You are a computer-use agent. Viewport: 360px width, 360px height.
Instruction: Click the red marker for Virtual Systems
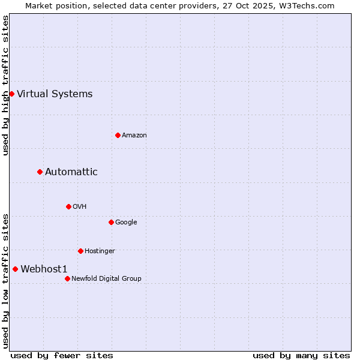pos(11,94)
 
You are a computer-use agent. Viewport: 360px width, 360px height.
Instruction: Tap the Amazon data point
pos(118,135)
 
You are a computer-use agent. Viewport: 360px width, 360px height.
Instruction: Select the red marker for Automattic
pos(40,172)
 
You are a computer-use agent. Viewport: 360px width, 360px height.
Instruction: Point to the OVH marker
pos(68,206)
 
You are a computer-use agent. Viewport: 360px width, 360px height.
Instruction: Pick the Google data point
pos(111,222)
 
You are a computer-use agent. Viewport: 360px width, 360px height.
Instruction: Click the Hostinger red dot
pos(80,251)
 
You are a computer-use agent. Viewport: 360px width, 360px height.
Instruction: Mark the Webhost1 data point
pos(15,269)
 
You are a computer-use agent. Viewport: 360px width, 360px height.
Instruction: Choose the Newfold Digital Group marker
pos(67,278)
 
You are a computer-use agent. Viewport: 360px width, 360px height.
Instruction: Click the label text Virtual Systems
pos(55,94)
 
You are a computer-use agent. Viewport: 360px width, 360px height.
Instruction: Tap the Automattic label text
pos(71,172)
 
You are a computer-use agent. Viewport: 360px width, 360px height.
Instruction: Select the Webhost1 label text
pos(44,269)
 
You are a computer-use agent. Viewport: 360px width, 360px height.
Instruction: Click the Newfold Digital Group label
pos(106,278)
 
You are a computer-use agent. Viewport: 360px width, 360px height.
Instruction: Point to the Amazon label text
pos(134,135)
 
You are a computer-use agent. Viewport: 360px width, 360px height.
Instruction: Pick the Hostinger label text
pos(100,251)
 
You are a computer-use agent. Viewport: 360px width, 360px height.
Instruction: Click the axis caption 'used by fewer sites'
pos(62,355)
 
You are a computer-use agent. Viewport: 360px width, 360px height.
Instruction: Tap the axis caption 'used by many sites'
pos(301,355)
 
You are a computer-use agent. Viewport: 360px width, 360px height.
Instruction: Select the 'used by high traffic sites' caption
pos(5,85)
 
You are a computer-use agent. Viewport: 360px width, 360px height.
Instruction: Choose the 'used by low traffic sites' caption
pos(5,281)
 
